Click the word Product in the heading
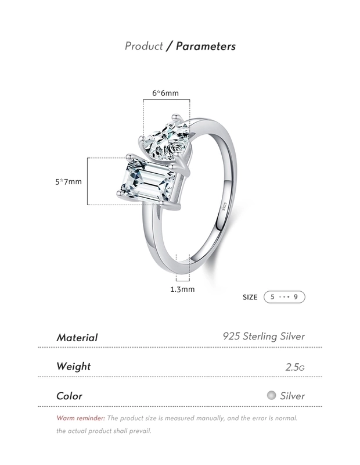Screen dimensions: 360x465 click(143, 46)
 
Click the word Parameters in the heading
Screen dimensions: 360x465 click(206, 46)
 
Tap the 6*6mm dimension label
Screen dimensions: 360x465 click(165, 93)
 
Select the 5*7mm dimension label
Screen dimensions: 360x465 click(69, 181)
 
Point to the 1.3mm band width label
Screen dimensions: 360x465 click(182, 289)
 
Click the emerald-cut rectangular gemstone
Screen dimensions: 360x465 click(147, 181)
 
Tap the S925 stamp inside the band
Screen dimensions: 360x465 click(224, 206)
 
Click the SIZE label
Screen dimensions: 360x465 click(250, 297)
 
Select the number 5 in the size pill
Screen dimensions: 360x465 click(272, 297)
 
